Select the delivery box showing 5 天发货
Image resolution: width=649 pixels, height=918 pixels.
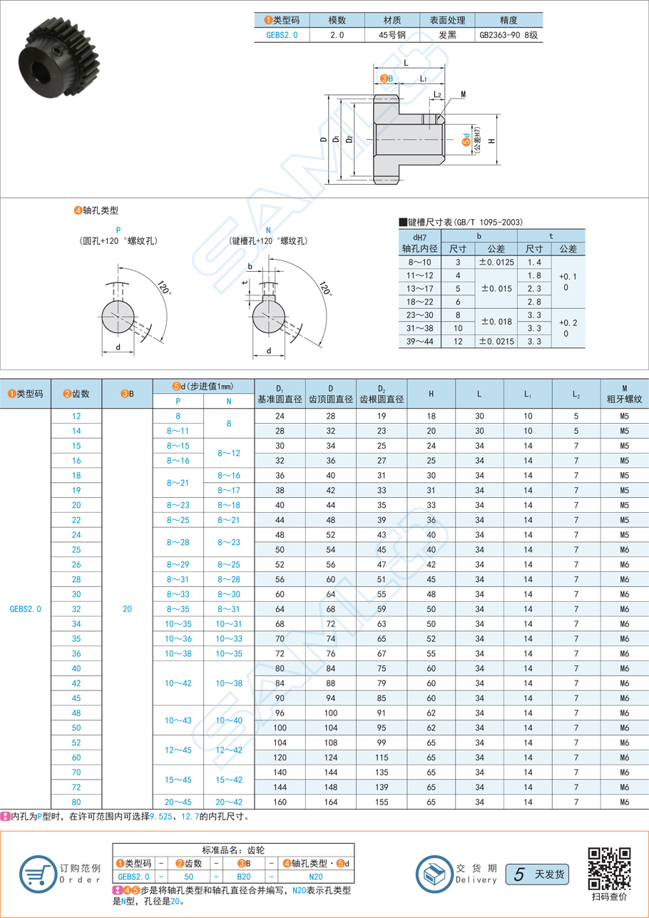tap(536, 873)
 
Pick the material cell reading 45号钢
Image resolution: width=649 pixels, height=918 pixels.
tap(392, 34)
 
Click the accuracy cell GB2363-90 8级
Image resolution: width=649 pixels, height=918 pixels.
tap(509, 34)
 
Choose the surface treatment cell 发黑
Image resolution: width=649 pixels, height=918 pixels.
tap(447, 34)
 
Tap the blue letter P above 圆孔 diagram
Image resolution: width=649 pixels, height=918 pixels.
tap(118, 230)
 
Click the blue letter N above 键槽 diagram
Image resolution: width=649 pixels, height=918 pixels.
tap(268, 230)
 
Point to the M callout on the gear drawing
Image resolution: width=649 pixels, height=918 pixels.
tap(463, 94)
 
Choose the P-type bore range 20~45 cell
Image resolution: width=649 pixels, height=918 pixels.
tap(178, 802)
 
